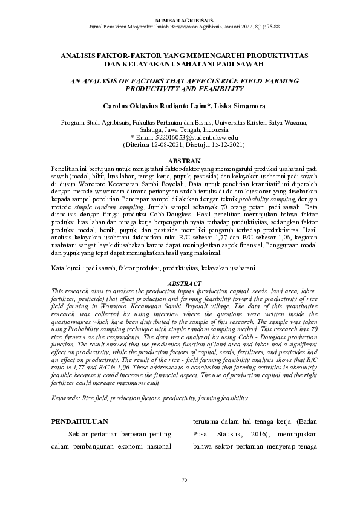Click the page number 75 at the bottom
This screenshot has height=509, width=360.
185,479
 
